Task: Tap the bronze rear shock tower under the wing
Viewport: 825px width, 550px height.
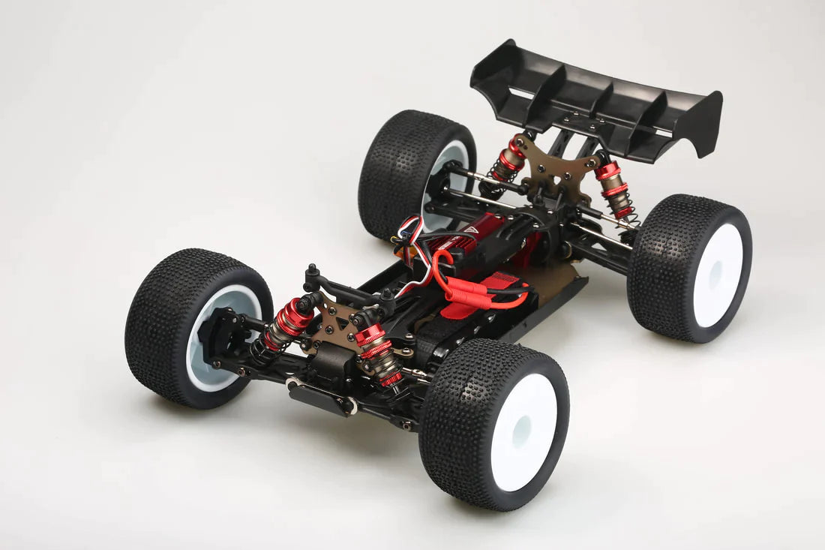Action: pyautogui.click(x=555, y=169)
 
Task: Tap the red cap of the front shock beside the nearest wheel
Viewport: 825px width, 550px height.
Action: pyautogui.click(x=370, y=335)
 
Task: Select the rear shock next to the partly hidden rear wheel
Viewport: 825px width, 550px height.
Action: pyautogui.click(x=508, y=161)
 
